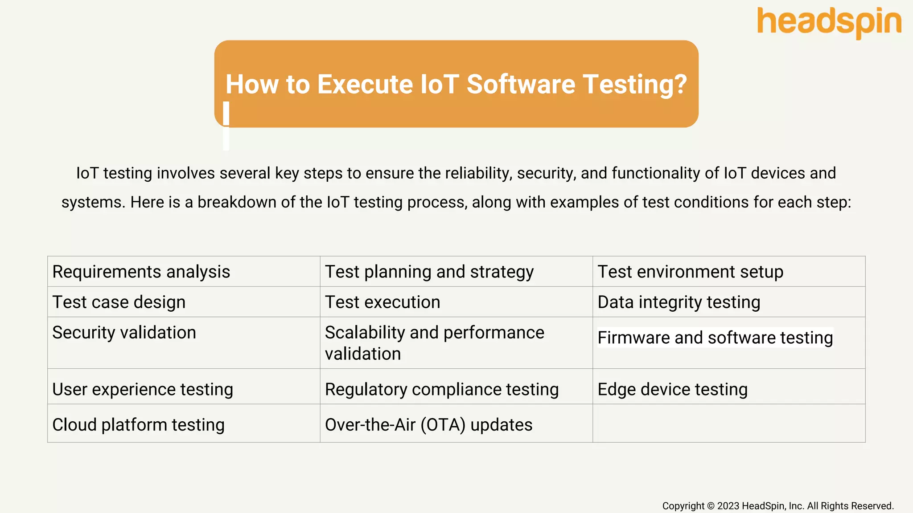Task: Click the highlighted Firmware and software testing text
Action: click(715, 338)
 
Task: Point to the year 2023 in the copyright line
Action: click(728, 506)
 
